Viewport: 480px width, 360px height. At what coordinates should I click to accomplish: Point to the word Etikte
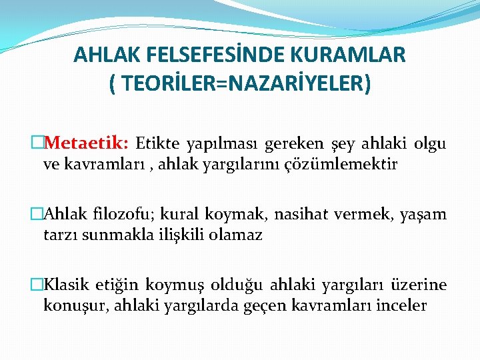[157, 143]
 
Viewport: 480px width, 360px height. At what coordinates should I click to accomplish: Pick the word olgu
[430, 143]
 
